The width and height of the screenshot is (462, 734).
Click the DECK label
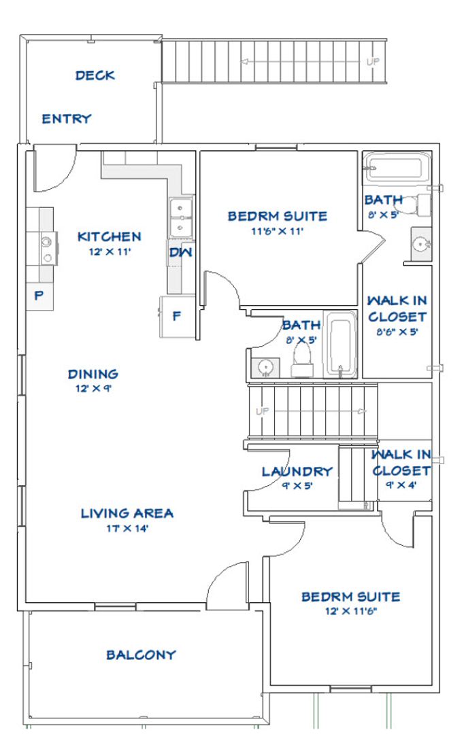(95, 75)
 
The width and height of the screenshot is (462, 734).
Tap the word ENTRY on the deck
(67, 119)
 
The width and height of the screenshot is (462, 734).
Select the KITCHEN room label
(109, 237)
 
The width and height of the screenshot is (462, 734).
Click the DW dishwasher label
(181, 253)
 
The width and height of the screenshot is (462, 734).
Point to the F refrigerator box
(177, 317)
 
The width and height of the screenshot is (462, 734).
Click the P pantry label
(39, 296)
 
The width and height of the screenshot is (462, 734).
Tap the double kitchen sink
(180, 217)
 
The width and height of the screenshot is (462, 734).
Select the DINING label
(93, 374)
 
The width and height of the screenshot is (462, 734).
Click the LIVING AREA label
(127, 514)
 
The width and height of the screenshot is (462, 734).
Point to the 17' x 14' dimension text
(127, 529)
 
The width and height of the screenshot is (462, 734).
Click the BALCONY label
(141, 655)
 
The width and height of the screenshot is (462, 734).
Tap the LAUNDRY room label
(297, 472)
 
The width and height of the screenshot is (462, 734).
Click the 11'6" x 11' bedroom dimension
(278, 231)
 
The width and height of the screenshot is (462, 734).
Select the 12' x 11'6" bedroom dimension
(351, 612)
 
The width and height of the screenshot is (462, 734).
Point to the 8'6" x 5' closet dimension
(397, 332)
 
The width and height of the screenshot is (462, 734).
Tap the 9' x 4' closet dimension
(401, 485)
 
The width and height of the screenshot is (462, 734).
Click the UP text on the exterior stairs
(373, 62)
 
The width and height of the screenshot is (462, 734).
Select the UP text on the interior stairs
(263, 411)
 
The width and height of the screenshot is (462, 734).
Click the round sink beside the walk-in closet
(420, 244)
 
